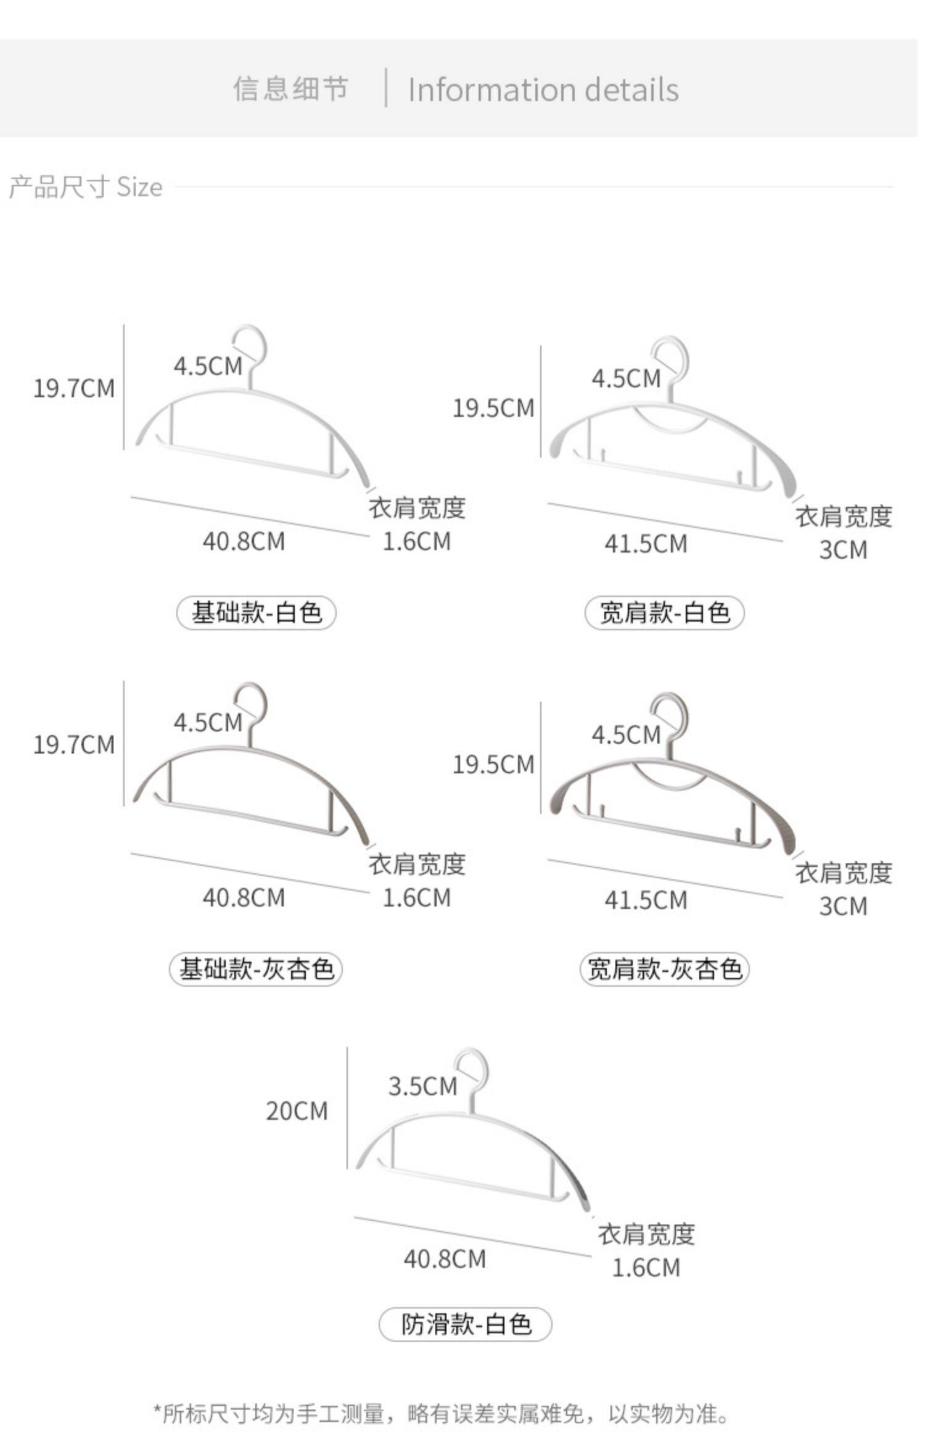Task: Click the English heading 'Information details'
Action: [x=543, y=90]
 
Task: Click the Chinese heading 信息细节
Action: [x=290, y=89]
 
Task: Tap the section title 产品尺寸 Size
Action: [x=86, y=187]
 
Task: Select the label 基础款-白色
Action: [x=257, y=613]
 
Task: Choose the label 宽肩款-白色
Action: [x=664, y=613]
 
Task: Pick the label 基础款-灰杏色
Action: [x=256, y=969]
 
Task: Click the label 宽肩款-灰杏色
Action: [x=664, y=969]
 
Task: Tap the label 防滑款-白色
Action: [x=466, y=1324]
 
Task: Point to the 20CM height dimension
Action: [x=297, y=1111]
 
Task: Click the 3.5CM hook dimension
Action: [x=422, y=1086]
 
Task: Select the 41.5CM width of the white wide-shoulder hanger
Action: [x=646, y=544]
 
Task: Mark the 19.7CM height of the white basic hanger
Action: [x=74, y=388]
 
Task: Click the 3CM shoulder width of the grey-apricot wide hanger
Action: [x=843, y=906]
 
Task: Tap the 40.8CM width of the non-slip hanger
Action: [x=445, y=1259]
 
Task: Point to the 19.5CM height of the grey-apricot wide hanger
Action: [x=493, y=765]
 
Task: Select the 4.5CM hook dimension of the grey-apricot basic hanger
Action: [x=208, y=722]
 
